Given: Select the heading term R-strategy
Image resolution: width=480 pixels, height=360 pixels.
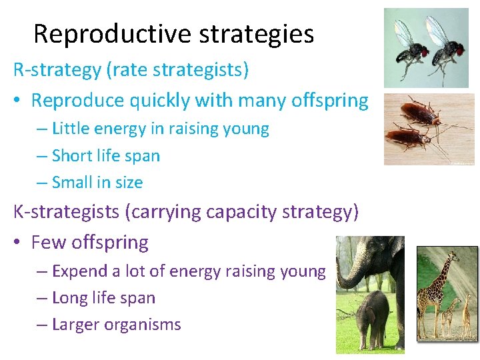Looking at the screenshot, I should pos(55,69).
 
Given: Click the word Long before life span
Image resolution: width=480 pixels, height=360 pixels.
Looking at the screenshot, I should pos(69,298).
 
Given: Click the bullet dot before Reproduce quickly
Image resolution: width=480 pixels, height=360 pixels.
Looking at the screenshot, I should pos(18,101).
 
